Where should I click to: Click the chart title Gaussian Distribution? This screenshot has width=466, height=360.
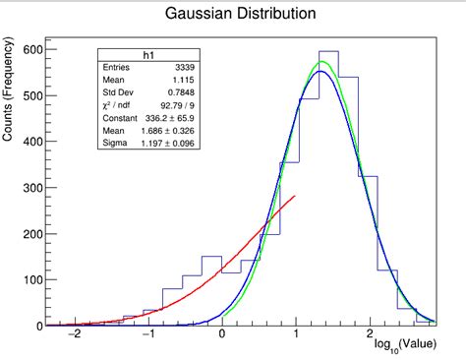pos(241,15)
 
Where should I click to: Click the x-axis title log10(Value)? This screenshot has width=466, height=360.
pos(405,347)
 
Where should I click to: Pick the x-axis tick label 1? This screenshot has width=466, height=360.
pos(296,335)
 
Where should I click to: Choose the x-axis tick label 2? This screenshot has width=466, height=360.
pos(370,335)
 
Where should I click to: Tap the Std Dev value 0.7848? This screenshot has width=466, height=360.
pos(180,93)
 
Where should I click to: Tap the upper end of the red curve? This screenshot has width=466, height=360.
pos(295,196)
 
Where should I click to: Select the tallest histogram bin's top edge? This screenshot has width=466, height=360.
pos(328,51)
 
